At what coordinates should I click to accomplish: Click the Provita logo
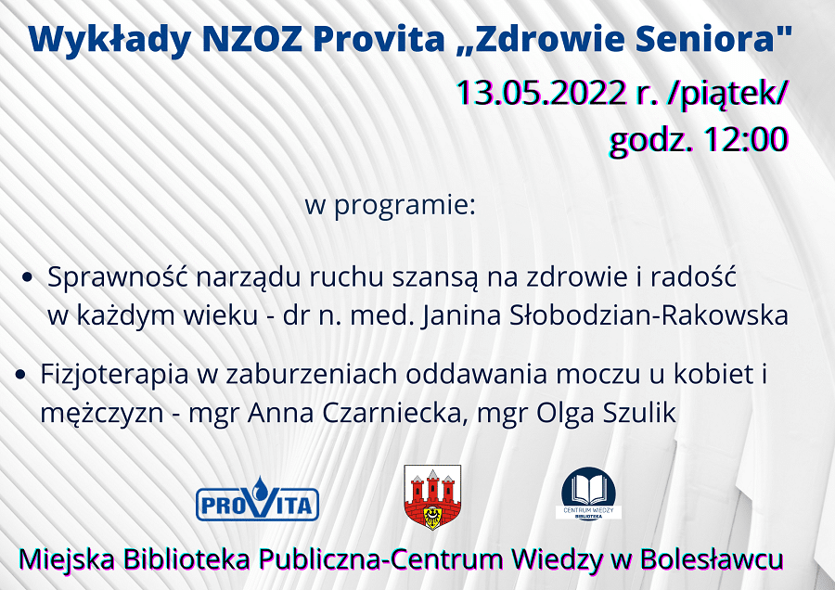[x=257, y=499]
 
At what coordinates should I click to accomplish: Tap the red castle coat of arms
[x=432, y=497]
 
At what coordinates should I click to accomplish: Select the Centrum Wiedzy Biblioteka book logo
[x=589, y=494]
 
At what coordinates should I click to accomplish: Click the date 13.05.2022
[x=542, y=93]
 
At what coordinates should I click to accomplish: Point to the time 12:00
[x=746, y=139]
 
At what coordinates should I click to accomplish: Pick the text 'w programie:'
[x=391, y=206]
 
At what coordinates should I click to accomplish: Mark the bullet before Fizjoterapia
[x=20, y=375]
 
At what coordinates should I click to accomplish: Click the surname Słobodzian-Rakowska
[x=649, y=315]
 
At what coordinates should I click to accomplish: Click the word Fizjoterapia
[x=114, y=375]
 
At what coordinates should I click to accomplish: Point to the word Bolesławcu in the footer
[x=712, y=559]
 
